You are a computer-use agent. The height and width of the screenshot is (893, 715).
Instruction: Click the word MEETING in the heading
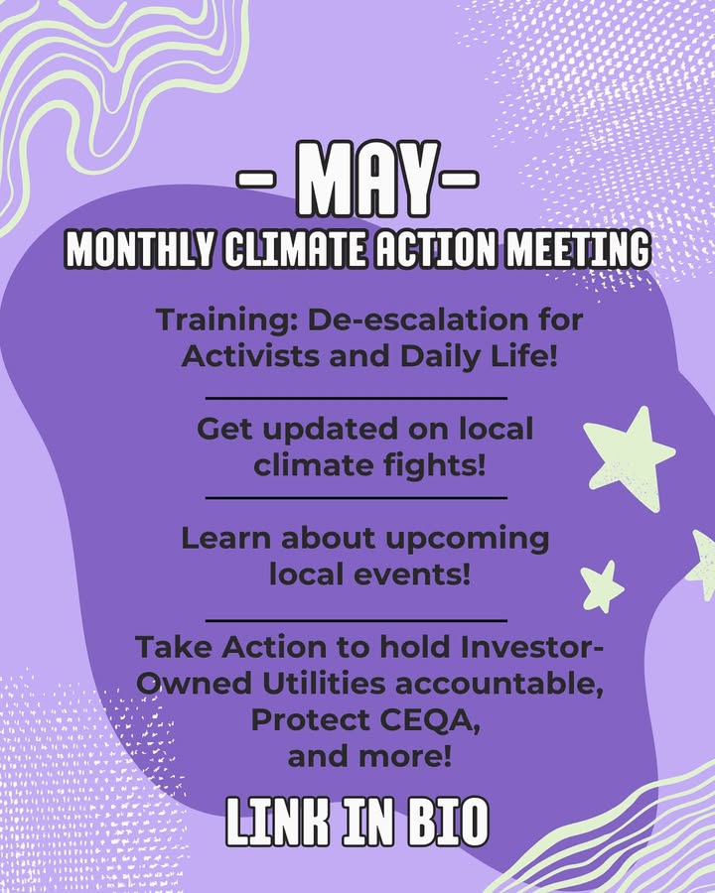point(578,249)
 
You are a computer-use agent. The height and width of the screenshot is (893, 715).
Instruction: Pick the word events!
point(413,574)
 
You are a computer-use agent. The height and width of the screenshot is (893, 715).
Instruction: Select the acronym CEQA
point(430,721)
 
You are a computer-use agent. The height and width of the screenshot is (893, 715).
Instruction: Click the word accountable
point(500,684)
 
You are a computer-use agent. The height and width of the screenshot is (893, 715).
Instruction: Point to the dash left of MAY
point(256,179)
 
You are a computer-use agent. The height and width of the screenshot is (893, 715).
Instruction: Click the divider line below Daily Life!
point(357,399)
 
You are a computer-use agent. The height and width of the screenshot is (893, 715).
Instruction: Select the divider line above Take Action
point(357,620)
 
